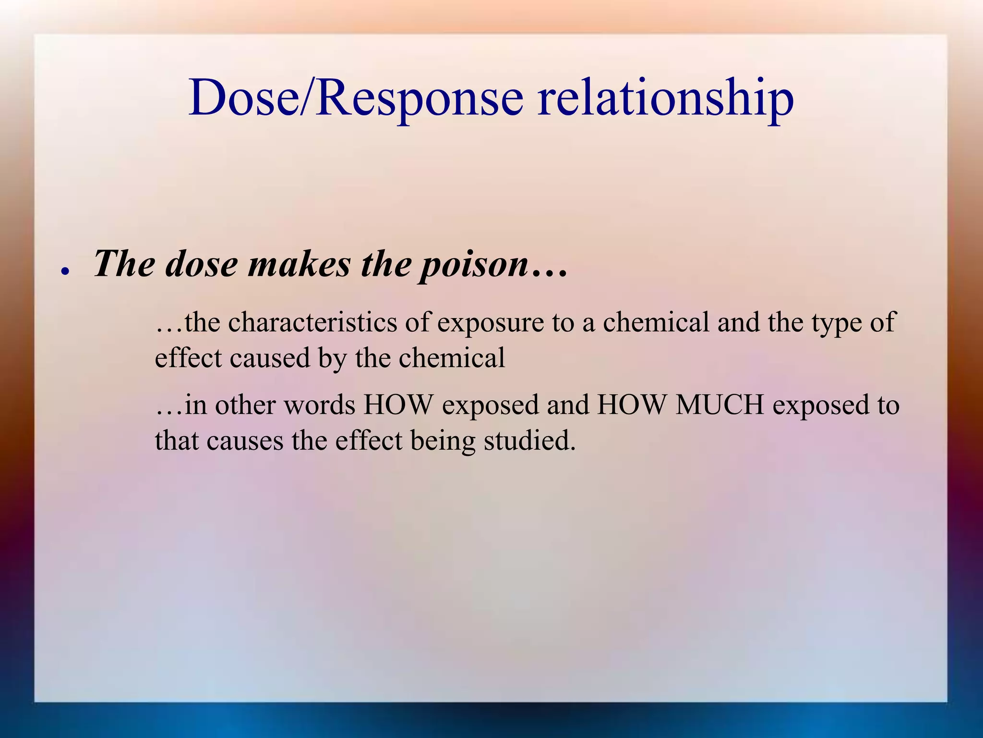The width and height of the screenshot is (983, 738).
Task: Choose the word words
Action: [319, 405]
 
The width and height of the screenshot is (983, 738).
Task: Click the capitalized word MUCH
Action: [719, 405]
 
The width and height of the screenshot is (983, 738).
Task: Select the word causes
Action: [245, 440]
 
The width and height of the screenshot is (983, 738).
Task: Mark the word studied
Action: [529, 440]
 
